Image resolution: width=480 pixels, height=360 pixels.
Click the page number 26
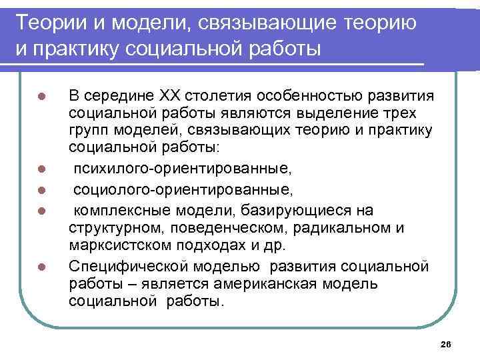point(447,343)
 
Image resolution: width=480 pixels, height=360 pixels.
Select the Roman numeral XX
point(168,93)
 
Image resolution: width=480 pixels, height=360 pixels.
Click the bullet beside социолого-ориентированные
point(41,181)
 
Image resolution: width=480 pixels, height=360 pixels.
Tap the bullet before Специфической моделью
point(41,268)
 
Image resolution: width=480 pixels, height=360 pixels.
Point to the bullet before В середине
point(41,94)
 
